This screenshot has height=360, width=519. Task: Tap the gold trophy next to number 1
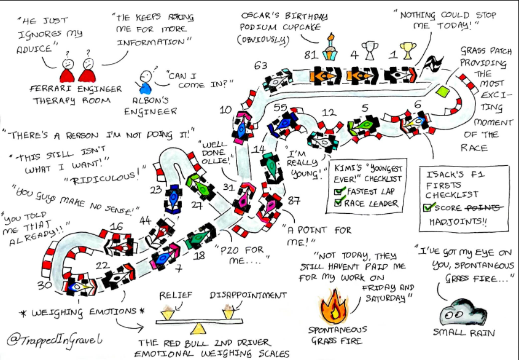pos(408,50)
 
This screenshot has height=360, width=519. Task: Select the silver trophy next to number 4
pos(369,50)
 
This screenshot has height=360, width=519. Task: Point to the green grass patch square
pos(442,91)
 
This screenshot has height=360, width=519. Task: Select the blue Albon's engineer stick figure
pos(144,82)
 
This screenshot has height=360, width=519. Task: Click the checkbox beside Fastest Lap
pos(338,192)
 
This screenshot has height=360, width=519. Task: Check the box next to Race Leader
pos(338,202)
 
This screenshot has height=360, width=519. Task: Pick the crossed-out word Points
pos(485,207)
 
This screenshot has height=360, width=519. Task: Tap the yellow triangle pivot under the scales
pos(198,329)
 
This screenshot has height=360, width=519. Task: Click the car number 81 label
pos(311,55)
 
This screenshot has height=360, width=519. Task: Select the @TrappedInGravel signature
pos(55,340)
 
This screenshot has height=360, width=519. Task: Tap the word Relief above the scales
pos(176,295)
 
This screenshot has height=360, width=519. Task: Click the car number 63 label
pos(260,66)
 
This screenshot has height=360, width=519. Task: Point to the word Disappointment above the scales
pos(248,295)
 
